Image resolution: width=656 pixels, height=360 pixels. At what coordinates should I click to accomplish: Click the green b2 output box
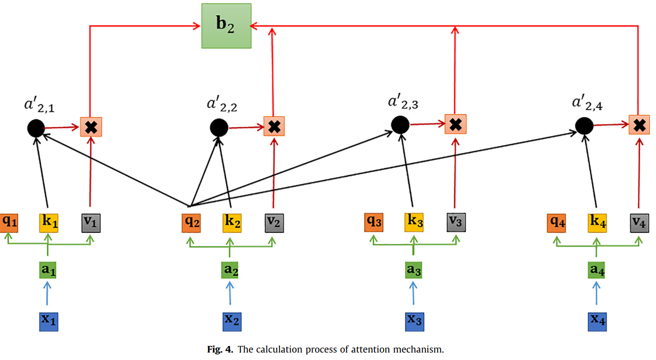[226, 26]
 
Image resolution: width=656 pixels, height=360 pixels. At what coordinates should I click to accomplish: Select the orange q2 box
[191, 223]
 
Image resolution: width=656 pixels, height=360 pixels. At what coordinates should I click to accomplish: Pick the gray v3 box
[456, 222]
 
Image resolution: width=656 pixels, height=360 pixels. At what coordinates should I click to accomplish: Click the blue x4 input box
[597, 321]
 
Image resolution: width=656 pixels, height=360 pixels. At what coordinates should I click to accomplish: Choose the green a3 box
[413, 270]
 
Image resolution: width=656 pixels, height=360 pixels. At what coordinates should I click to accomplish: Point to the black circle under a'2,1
[35, 127]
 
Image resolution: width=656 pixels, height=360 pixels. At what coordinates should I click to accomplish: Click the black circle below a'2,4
[584, 125]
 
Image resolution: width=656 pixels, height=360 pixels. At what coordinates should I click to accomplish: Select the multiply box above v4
[639, 125]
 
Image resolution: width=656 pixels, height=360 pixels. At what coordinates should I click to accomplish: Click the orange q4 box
[557, 223]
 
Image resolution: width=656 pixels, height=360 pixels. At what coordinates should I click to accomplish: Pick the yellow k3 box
[414, 223]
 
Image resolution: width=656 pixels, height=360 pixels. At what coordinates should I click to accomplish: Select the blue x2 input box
[231, 321]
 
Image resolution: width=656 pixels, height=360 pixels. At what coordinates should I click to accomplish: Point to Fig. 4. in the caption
[221, 350]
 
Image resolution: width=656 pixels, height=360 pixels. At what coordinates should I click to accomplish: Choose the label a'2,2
[222, 105]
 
